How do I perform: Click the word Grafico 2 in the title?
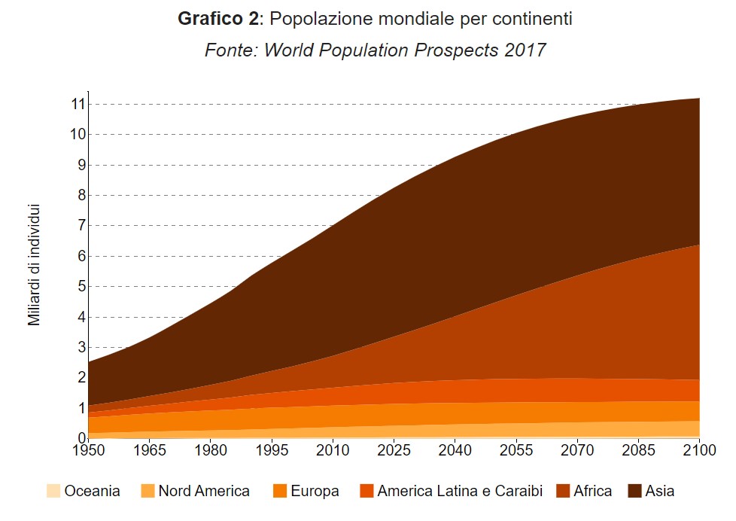(217, 19)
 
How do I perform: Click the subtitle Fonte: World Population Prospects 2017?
(375, 50)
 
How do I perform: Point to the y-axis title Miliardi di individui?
(34, 265)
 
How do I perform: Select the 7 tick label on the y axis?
(78, 226)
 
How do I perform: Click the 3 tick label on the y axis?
(78, 347)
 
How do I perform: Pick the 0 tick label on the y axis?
(78, 438)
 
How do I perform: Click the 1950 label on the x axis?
(88, 451)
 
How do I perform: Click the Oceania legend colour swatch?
(53, 491)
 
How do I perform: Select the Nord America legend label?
(203, 491)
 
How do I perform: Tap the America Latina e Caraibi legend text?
(460, 491)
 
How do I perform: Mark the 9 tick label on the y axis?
(78, 165)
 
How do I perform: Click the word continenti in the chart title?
(527, 19)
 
